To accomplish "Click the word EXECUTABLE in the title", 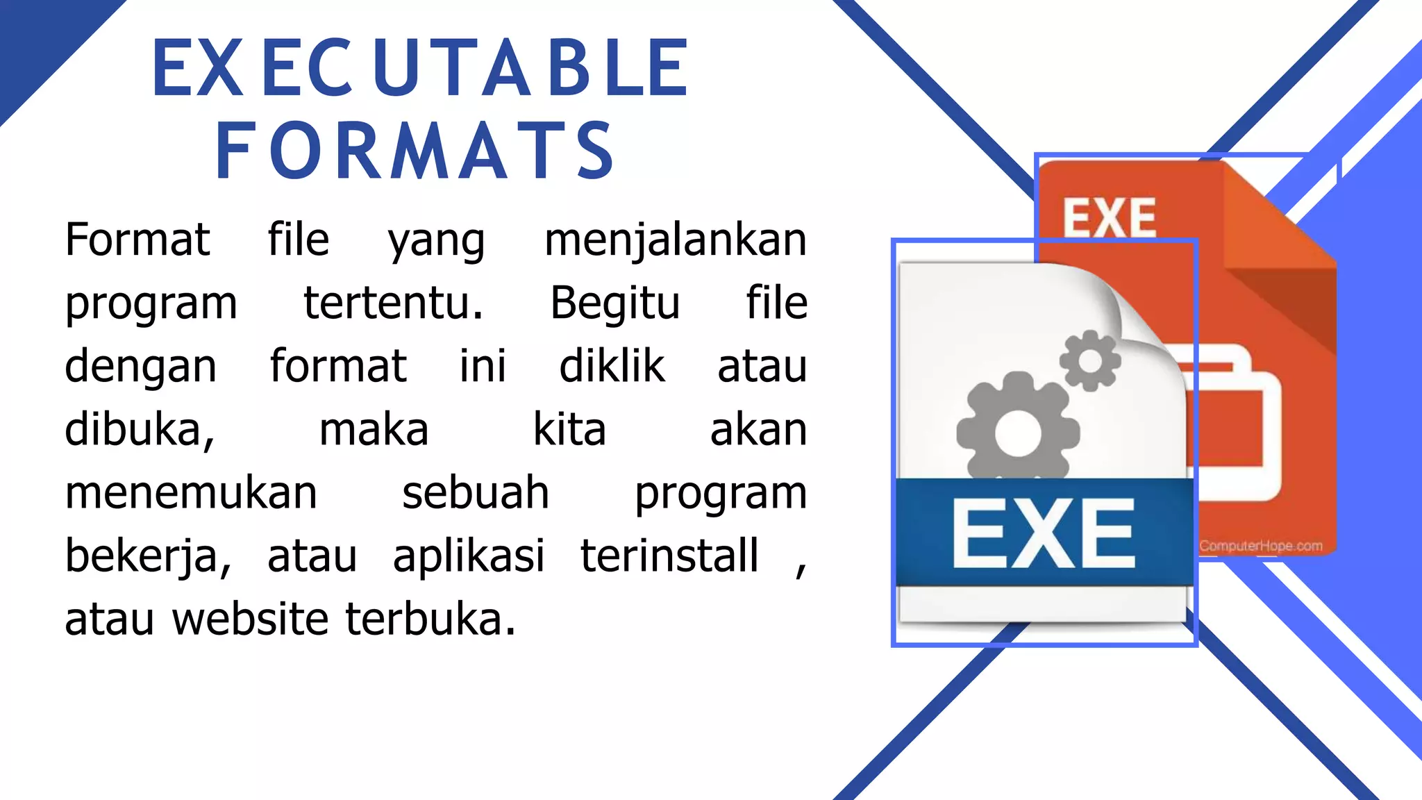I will [x=420, y=67].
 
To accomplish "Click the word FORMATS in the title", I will [x=415, y=151].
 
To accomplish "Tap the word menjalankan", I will [x=675, y=240].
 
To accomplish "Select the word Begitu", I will [x=614, y=303].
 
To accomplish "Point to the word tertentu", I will [x=393, y=303].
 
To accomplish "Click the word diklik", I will [x=612, y=366].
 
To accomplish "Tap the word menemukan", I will [x=191, y=493].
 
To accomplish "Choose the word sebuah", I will [x=476, y=493].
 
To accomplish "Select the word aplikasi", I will [x=469, y=556].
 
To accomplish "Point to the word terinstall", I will [x=669, y=556].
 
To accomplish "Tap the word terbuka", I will [x=430, y=619].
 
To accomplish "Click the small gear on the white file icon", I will [x=1089, y=360].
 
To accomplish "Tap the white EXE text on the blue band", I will [x=1043, y=533].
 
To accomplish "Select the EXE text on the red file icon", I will [x=1110, y=217].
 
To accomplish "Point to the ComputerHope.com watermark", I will [x=1260, y=546].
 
